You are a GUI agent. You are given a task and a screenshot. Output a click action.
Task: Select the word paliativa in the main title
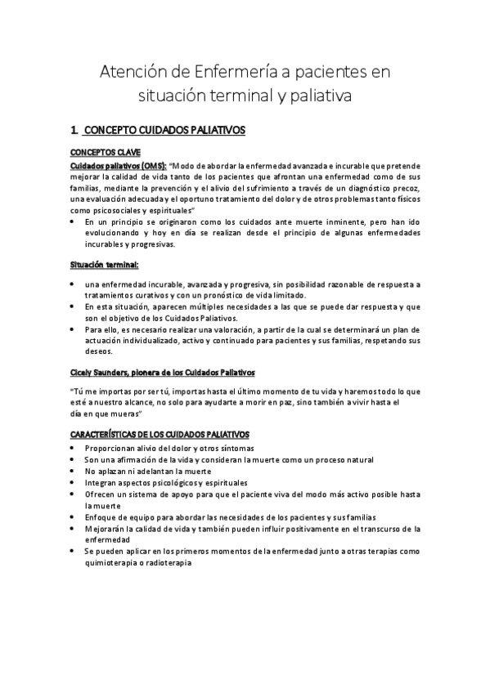click(321, 96)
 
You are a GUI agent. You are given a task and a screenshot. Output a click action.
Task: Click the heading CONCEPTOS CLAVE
click(106, 152)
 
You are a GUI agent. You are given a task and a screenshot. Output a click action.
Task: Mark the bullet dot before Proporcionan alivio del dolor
click(74, 449)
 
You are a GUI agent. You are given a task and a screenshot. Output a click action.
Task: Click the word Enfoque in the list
click(102, 517)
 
